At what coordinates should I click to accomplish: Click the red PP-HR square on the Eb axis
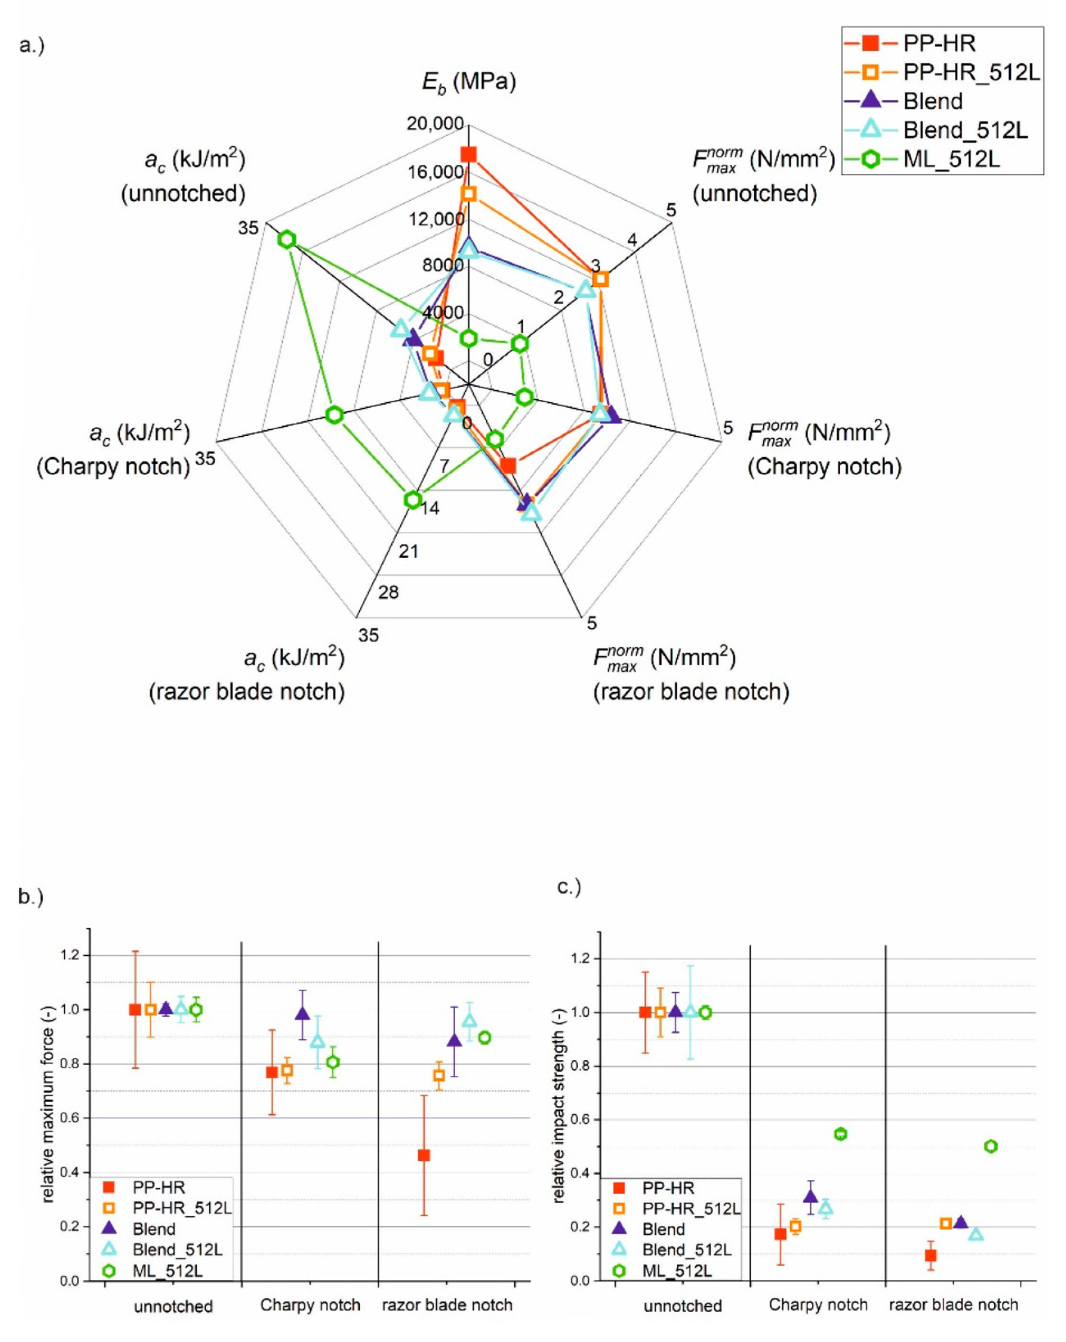click(468, 155)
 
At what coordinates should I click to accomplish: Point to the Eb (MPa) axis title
click(469, 82)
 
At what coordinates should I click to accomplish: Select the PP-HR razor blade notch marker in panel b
click(424, 1155)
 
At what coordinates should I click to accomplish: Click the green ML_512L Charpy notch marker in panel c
click(840, 1134)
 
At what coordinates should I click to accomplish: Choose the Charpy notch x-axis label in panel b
click(310, 1305)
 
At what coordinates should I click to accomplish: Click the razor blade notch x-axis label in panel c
click(953, 1305)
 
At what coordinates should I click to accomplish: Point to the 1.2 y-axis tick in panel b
click(70, 955)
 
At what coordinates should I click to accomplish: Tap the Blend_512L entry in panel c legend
click(686, 1250)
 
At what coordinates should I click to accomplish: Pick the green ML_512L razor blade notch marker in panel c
click(991, 1146)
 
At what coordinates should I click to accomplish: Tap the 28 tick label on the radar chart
click(388, 592)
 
